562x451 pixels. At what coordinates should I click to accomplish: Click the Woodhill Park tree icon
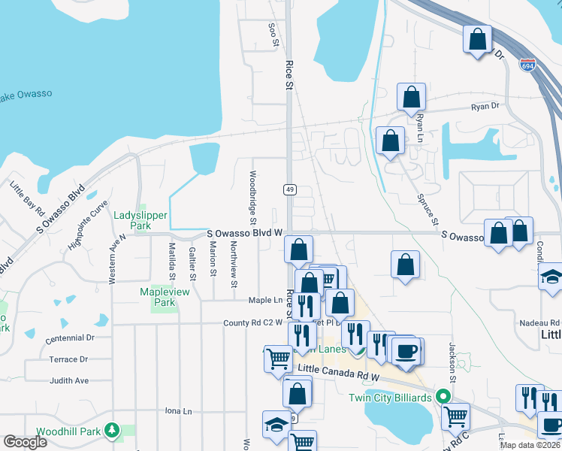point(112,430)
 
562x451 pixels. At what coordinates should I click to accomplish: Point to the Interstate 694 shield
point(527,65)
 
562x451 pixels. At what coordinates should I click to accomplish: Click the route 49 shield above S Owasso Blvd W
point(289,189)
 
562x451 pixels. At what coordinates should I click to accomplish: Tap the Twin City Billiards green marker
point(444,396)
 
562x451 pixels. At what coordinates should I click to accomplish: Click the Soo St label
point(273,35)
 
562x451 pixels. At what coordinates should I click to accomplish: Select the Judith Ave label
point(69,380)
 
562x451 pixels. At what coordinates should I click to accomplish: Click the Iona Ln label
point(178,411)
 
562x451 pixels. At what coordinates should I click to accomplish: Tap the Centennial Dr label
point(70,339)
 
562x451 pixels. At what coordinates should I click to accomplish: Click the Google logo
point(25,442)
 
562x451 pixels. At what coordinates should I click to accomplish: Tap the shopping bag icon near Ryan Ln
point(411,97)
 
